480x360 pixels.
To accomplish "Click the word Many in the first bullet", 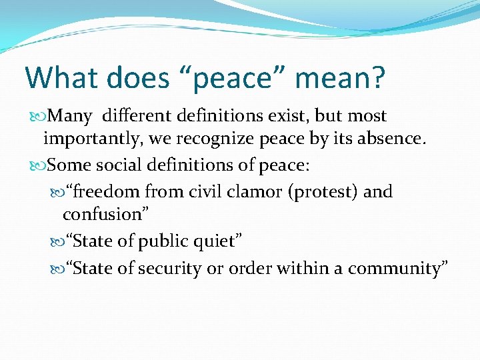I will (70, 116).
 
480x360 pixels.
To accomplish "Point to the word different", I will (138, 116).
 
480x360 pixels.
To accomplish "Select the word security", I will (161, 269).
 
